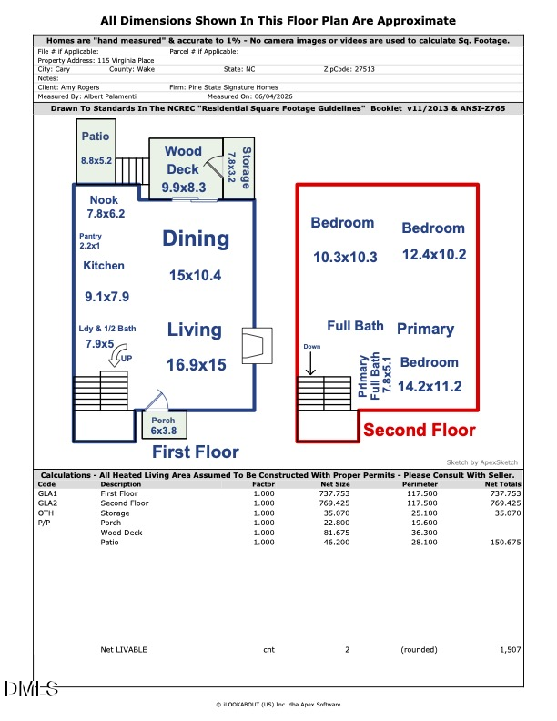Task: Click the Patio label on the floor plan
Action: click(96, 137)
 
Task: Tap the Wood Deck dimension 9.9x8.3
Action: click(184, 188)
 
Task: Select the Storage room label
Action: click(247, 168)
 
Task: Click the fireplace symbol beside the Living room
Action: click(257, 346)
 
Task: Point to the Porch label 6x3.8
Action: click(164, 425)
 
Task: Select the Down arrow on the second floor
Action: click(310, 366)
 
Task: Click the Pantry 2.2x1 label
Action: click(90, 240)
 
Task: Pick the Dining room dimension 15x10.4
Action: click(196, 276)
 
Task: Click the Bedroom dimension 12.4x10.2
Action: click(434, 254)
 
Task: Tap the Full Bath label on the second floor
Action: click(355, 326)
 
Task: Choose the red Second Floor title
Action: click(420, 430)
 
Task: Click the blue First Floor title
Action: click(196, 452)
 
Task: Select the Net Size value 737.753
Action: click(335, 493)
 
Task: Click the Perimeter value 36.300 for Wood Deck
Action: click(424, 533)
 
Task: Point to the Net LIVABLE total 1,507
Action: click(511, 650)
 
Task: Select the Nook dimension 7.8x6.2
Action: click(106, 213)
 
